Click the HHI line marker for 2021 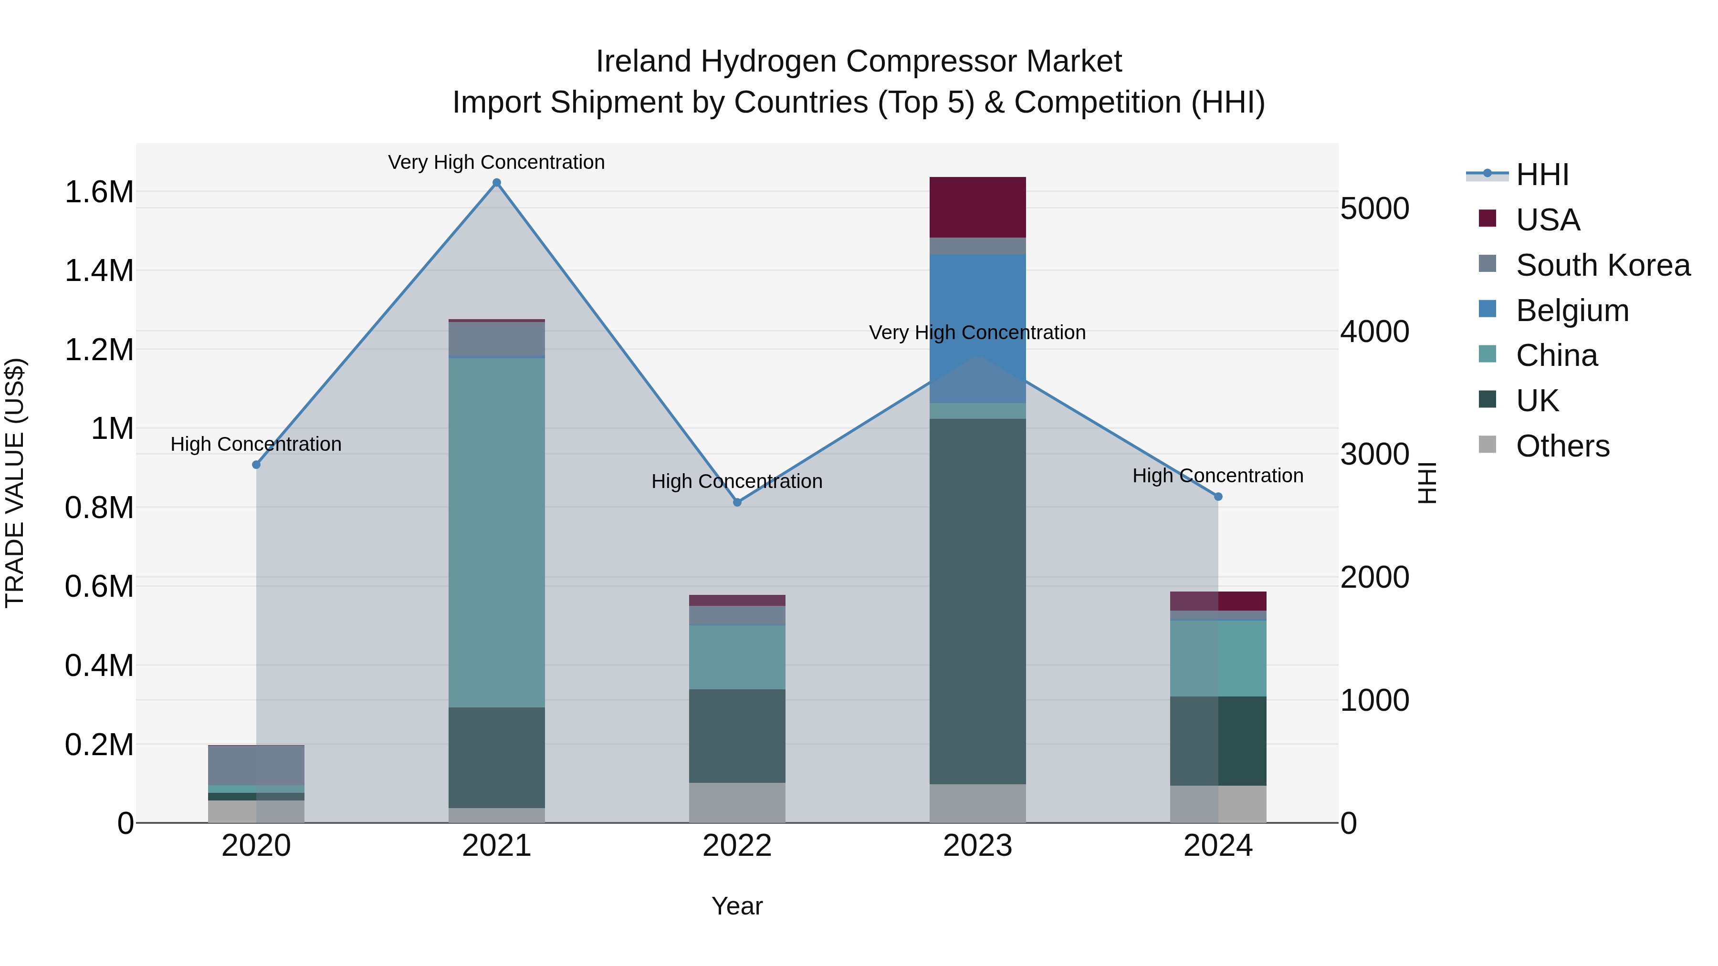pos(496,183)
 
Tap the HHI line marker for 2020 pos(256,465)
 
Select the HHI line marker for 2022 pos(737,502)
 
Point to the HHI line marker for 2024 pos(1218,497)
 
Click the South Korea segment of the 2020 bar pos(256,765)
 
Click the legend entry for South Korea pos(1603,265)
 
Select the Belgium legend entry pos(1572,311)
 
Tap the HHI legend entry pos(1542,175)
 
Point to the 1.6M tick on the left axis pos(99,192)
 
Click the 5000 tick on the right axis pos(1374,208)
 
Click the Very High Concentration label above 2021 pos(496,162)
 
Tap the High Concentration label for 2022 pos(737,481)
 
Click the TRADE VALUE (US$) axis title pos(15,483)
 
